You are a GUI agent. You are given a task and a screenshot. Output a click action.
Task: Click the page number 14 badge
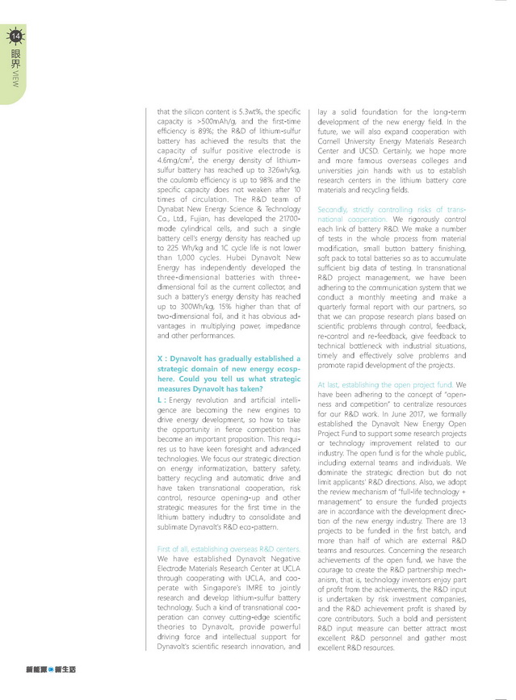click(15, 35)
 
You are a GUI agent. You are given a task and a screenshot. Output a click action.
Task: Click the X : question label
click(162, 358)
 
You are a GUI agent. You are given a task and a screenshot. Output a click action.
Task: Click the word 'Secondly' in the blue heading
click(334, 209)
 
